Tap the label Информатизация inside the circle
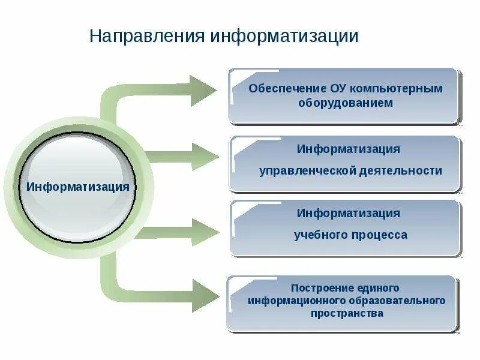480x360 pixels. (x=78, y=187)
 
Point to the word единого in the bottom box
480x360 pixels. (x=378, y=289)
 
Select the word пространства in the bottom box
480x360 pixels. (x=347, y=313)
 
